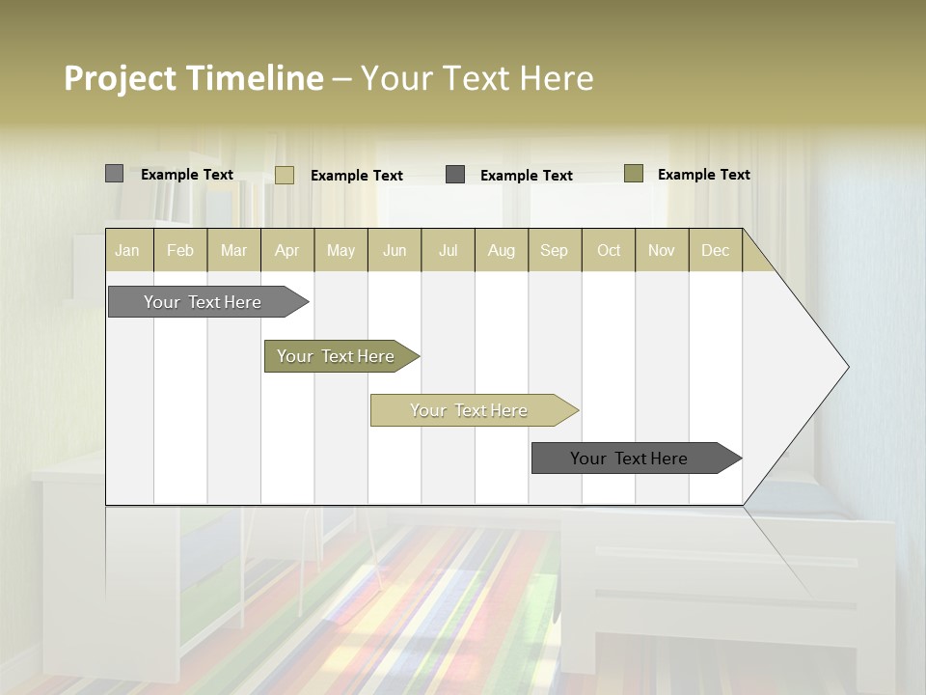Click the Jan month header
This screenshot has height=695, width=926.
[x=127, y=250]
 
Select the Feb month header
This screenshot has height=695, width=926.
[x=180, y=250]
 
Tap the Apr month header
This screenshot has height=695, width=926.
[x=286, y=250]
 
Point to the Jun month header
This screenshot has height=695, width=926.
[x=395, y=250]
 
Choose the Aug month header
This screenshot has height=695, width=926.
[x=501, y=250]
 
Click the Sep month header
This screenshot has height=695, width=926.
[x=554, y=250]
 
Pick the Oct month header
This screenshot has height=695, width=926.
[x=609, y=250]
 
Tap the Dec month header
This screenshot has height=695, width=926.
[x=715, y=250]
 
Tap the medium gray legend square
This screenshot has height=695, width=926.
[x=114, y=174]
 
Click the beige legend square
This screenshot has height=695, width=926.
[x=284, y=175]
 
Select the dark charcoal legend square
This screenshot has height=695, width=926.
[x=455, y=175]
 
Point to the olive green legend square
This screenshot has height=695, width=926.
[x=633, y=174]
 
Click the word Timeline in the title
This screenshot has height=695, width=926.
[x=255, y=78]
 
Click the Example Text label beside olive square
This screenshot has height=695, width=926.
[x=703, y=175]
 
